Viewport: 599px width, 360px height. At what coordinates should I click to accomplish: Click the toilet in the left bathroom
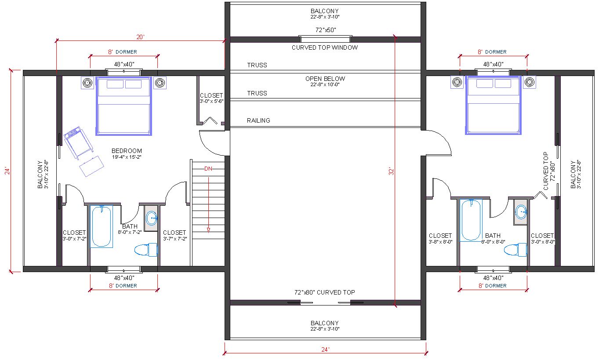(x=146, y=250)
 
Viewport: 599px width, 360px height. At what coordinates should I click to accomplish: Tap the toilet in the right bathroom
(x=516, y=250)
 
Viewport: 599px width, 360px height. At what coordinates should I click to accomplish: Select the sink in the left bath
(x=152, y=218)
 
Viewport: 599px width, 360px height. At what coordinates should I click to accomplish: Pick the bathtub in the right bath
(x=471, y=220)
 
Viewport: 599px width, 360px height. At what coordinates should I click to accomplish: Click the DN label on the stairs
(x=208, y=168)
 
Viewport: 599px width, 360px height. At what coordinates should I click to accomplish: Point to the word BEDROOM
(x=127, y=151)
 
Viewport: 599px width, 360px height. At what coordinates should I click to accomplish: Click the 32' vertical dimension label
(x=392, y=171)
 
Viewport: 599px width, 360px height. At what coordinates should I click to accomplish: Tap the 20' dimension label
(x=140, y=37)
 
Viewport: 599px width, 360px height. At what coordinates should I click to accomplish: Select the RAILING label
(x=258, y=120)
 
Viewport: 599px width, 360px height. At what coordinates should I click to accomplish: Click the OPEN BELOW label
(x=325, y=79)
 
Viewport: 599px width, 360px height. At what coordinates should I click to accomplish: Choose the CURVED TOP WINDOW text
(x=325, y=47)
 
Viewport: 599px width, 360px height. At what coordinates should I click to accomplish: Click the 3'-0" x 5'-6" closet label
(x=211, y=102)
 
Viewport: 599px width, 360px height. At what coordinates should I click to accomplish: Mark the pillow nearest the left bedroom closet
(x=133, y=84)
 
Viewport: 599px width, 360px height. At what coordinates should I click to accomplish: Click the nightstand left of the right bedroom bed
(x=457, y=82)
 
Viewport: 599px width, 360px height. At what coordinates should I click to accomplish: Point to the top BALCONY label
(x=325, y=11)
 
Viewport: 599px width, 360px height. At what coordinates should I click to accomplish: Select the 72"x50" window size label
(x=326, y=30)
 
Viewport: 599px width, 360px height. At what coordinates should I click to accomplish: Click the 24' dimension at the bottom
(x=325, y=349)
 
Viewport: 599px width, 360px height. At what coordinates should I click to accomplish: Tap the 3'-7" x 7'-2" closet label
(x=175, y=239)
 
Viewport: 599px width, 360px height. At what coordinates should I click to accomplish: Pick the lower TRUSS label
(x=257, y=93)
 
